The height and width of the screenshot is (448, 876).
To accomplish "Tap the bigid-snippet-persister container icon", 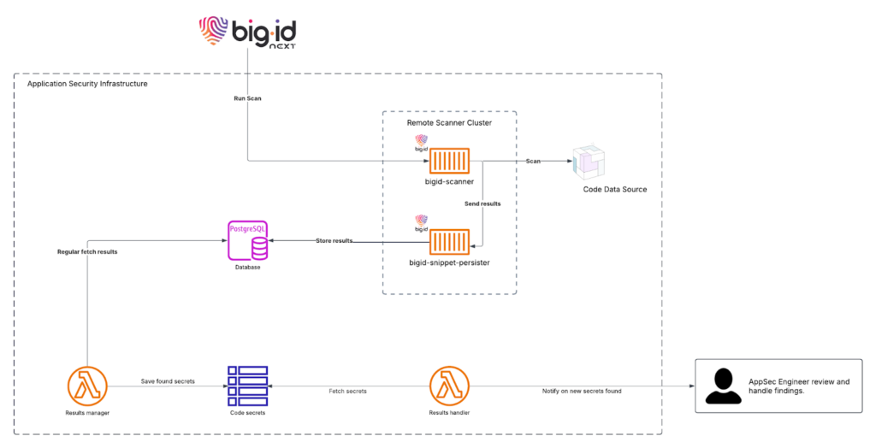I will coord(449,242).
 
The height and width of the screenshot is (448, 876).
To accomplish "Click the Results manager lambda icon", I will coord(87,388).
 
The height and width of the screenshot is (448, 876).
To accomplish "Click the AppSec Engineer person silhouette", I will coord(724,386).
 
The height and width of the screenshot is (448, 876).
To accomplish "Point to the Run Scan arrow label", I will coord(248,99).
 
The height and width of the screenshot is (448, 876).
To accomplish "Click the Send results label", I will coord(483,204).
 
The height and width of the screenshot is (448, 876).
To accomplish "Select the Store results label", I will coord(334,241).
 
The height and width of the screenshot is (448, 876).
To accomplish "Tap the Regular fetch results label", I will coord(87,252).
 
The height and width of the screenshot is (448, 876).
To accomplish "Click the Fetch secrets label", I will coord(347,391).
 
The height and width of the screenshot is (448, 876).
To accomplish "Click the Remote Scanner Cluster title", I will coord(449,124).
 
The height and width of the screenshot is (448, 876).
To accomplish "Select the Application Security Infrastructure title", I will coord(87,84).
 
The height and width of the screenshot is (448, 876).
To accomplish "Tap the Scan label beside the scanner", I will coord(532,161).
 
